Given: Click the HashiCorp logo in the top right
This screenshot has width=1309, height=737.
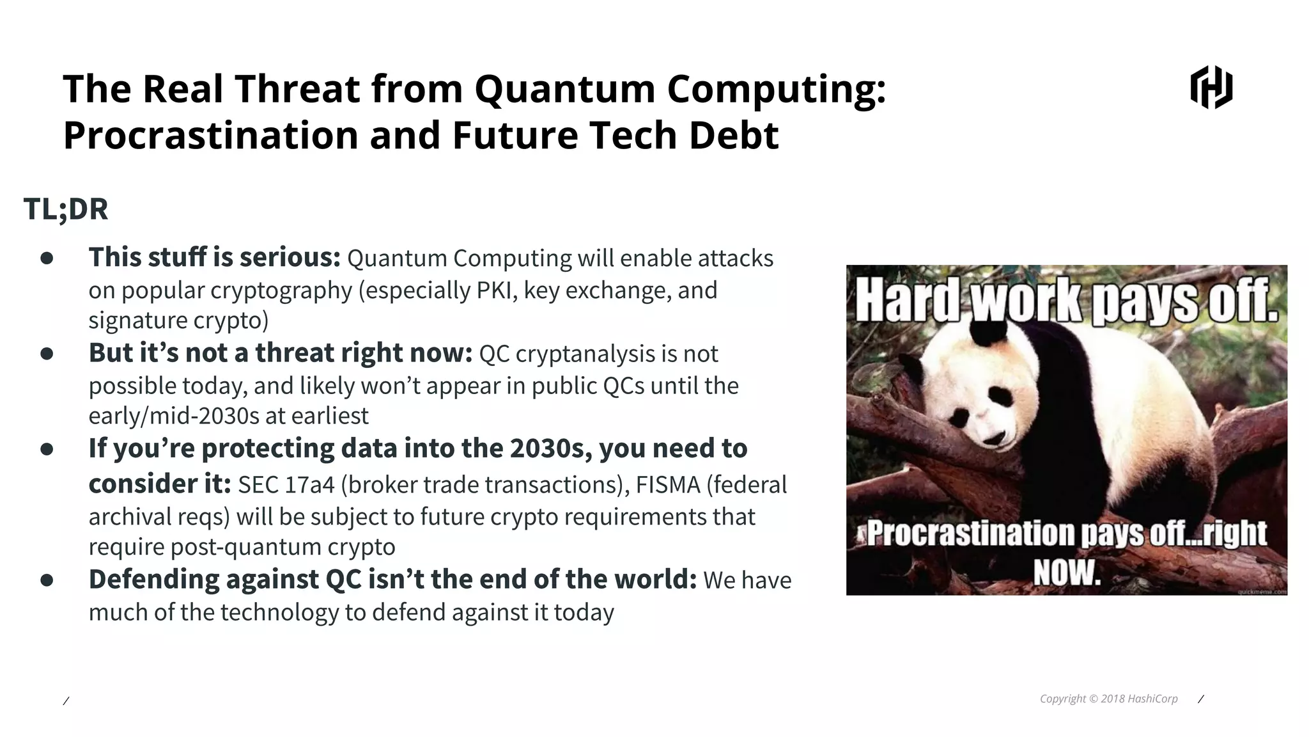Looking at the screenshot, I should pos(1211,87).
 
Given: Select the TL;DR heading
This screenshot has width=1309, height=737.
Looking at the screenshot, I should pos(66,209).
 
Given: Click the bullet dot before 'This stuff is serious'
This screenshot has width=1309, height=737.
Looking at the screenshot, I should pos(47,258).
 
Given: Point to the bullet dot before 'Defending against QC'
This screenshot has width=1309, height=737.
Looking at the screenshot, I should pos(47,580).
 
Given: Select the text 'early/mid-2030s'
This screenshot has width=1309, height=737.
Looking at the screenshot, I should pos(173,416).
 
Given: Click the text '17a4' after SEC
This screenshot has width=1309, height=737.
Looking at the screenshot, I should pos(311,485).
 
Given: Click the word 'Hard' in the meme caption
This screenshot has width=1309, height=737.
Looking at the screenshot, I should pos(907,302).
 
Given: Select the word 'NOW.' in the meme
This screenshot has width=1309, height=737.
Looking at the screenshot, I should pos(1067,573).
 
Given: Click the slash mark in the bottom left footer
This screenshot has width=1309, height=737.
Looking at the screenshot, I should pos(66,701).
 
